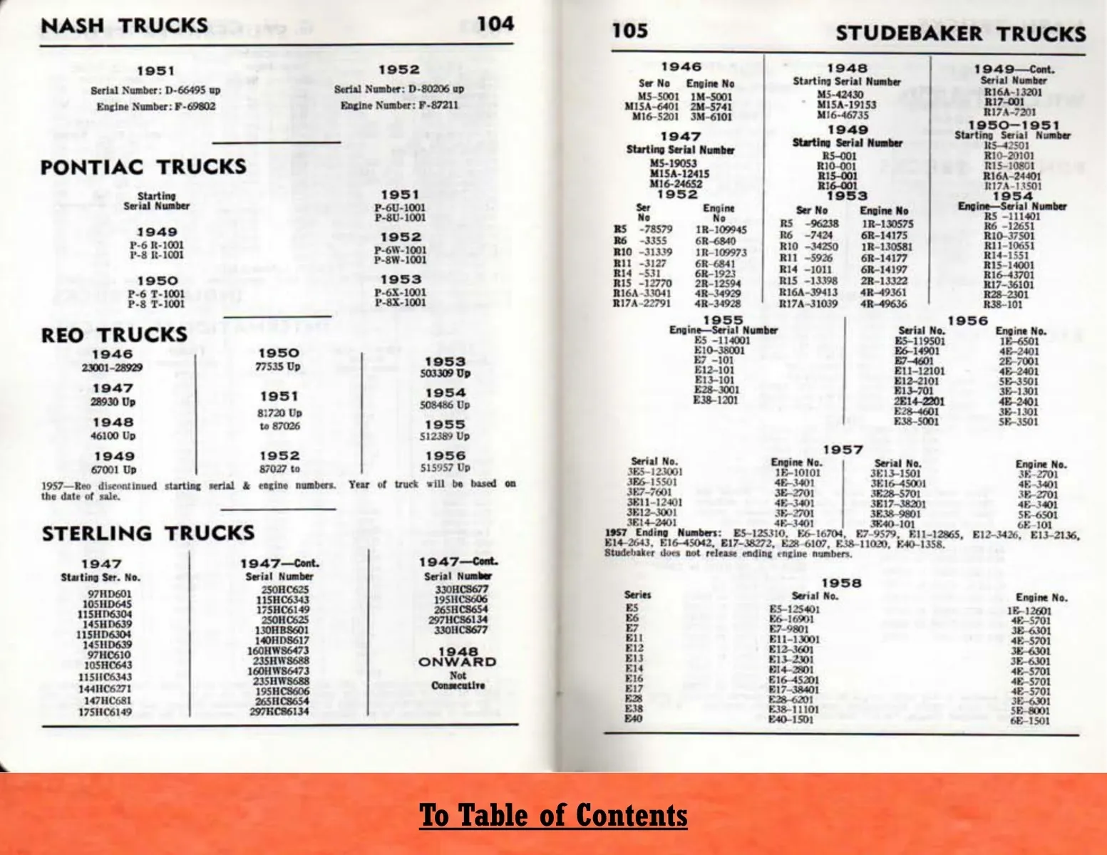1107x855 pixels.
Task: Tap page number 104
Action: [x=495, y=24]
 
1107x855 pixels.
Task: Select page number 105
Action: [x=630, y=30]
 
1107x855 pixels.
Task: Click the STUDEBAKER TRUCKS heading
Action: [x=960, y=33]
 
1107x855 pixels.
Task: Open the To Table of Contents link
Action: [x=553, y=815]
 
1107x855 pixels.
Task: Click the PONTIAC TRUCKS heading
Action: [x=143, y=167]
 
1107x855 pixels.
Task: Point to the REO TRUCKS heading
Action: [x=114, y=335]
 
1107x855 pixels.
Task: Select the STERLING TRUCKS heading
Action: [x=148, y=534]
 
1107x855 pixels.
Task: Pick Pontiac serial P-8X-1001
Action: [x=400, y=302]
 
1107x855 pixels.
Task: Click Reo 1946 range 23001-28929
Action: [x=112, y=368]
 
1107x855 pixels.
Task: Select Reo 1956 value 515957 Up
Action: [x=445, y=467]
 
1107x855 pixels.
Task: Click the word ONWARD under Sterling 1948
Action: [x=457, y=662]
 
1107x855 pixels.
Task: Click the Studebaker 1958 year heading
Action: [x=841, y=583]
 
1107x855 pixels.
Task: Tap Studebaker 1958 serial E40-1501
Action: [x=791, y=720]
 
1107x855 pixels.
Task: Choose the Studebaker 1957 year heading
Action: [x=843, y=450]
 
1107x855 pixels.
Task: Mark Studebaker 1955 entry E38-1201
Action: [x=715, y=400]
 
